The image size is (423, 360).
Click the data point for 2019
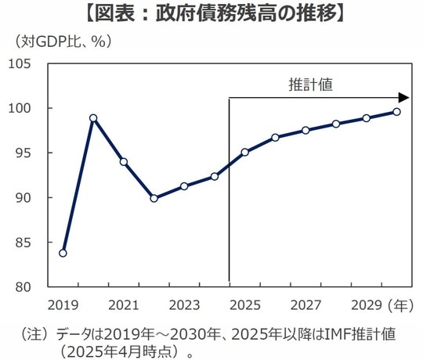[x=63, y=253]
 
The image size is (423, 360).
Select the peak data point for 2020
[x=93, y=118]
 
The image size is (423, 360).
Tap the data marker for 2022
[x=154, y=198]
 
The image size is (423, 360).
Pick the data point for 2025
[x=244, y=152]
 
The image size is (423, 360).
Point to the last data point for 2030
[x=396, y=111]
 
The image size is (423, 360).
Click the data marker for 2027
[x=305, y=130]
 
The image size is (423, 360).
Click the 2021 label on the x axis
[x=123, y=304]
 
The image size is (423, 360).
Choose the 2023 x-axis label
[x=184, y=304]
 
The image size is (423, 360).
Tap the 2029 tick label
[x=366, y=304]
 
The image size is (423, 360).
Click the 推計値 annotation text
[x=310, y=85]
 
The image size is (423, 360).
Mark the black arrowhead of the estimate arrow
[x=403, y=98]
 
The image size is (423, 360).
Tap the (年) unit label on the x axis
[x=400, y=304]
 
